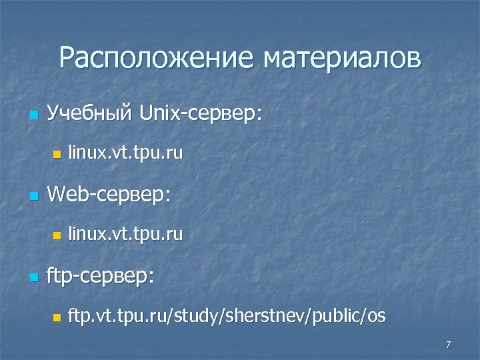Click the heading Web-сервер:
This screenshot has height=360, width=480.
click(x=110, y=195)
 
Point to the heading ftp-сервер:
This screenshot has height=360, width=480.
click(x=102, y=275)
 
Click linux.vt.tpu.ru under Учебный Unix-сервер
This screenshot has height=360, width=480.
click(x=125, y=154)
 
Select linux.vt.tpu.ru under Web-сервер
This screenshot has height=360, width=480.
click(x=125, y=235)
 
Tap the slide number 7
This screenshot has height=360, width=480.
click(x=448, y=345)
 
